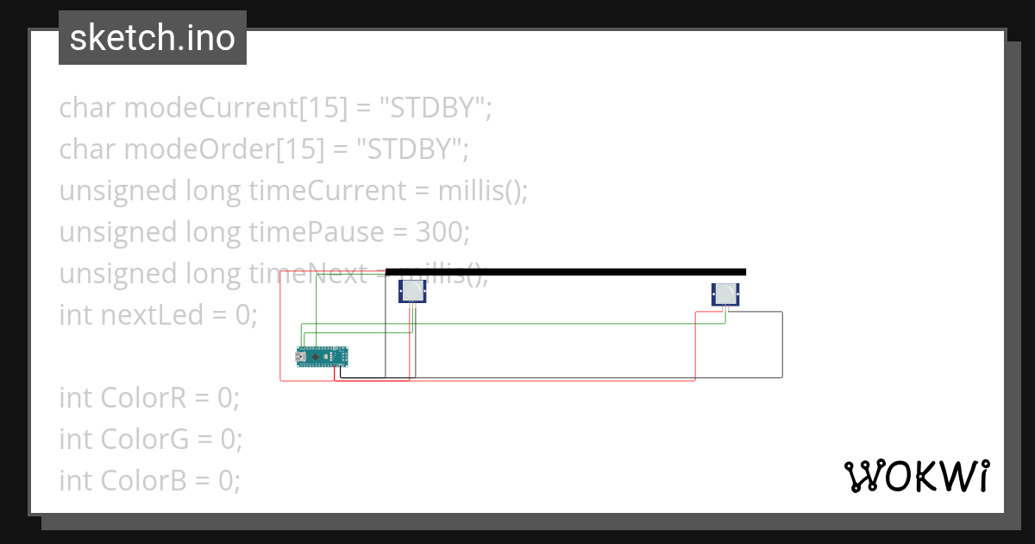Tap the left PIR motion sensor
pos(412,291)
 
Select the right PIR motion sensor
pos(725,294)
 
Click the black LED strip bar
pos(565,272)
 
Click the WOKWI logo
pos(917,476)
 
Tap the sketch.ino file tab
pos(153,38)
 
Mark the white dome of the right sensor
pos(727,294)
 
